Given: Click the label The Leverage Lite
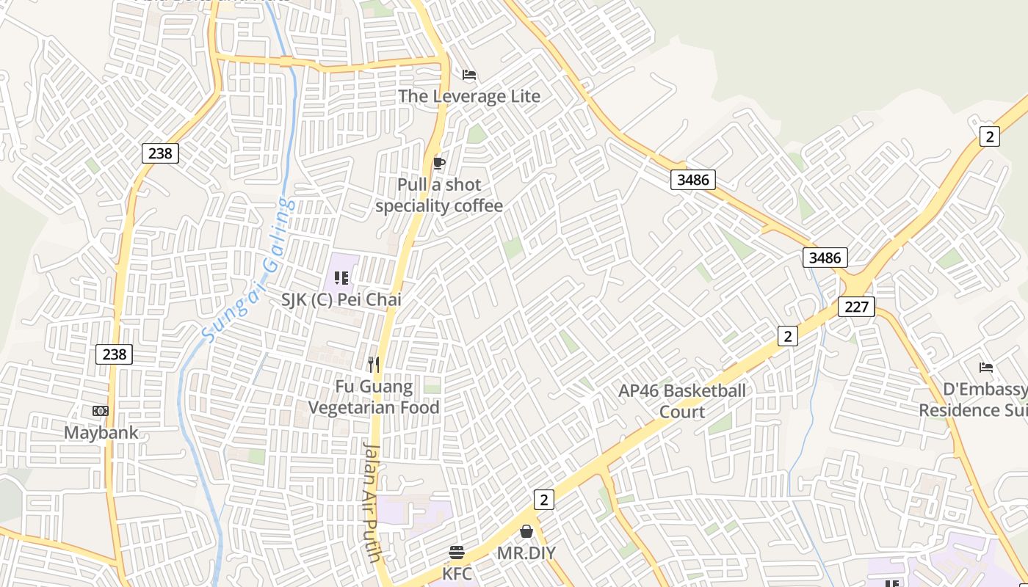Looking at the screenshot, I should point(469,96).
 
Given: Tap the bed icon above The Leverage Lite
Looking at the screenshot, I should point(469,75).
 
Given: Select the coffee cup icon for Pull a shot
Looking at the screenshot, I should point(439,163).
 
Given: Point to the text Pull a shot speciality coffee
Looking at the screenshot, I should point(439,195).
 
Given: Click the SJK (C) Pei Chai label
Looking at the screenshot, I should point(341,299).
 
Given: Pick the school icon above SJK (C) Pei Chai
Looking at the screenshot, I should point(341,277).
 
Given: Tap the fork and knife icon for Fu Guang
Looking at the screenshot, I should point(374,364).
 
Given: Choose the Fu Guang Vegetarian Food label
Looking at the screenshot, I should point(374,397).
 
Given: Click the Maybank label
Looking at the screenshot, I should point(101,432).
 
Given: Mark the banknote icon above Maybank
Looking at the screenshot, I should point(101,411).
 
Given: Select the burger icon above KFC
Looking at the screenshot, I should point(457,552).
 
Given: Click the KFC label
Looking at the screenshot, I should point(457,573).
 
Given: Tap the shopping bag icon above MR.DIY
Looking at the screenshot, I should point(526,531).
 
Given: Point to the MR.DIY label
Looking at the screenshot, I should point(526,553).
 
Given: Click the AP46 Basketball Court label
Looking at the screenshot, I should point(682,401).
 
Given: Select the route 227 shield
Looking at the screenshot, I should point(856,307).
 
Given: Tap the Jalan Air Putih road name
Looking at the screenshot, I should point(372,502).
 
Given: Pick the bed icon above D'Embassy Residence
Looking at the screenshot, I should point(986,367).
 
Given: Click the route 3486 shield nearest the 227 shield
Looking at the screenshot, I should point(825,258).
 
